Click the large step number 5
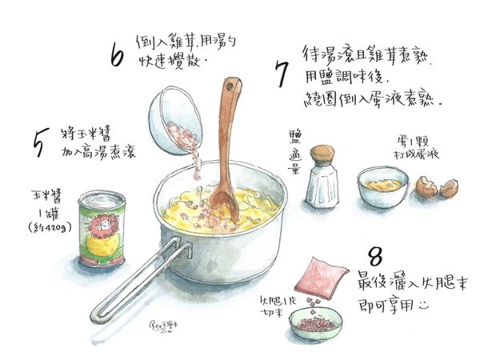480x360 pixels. [39, 139]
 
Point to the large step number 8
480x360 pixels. [374, 258]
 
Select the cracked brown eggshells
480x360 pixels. [437, 190]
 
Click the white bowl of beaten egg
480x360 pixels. [382, 186]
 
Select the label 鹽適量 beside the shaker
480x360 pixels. [294, 153]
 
